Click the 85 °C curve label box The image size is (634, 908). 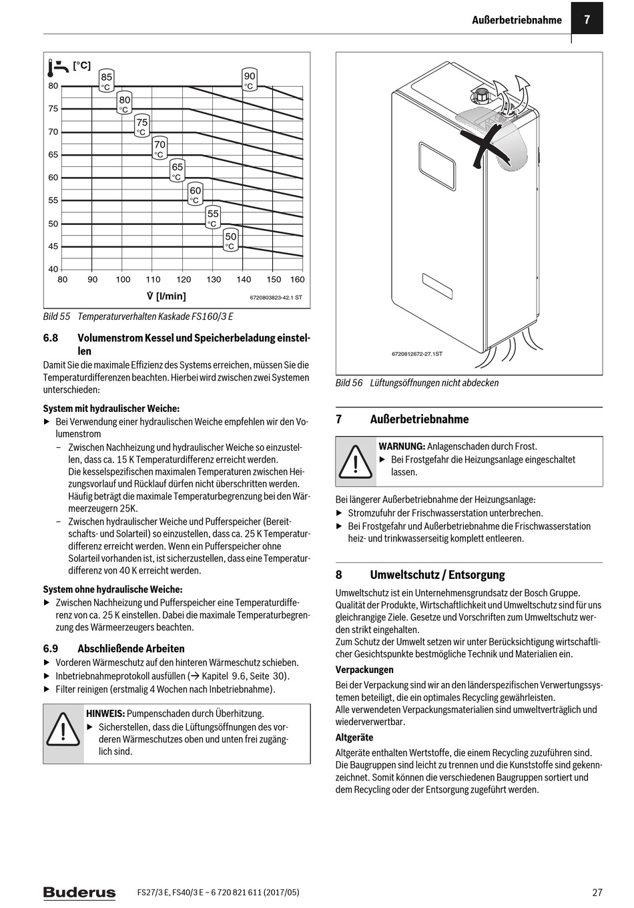coord(107,81)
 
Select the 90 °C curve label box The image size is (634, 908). coord(249,81)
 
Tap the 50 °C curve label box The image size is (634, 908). coord(230,241)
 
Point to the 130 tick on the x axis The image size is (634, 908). coord(214,280)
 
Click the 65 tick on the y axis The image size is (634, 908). coord(53,155)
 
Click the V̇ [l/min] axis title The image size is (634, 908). coord(166,296)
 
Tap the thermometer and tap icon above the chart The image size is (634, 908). coord(59,67)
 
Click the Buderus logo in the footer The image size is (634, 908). coord(79,893)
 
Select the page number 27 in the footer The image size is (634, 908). coord(597,893)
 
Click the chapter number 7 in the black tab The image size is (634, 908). coord(587,19)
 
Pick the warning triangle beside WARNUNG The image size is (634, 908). coord(356,461)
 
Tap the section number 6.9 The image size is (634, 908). coord(51,648)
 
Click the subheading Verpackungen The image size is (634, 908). coord(364,670)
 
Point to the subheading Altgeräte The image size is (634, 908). coord(354,738)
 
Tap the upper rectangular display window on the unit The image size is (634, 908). coord(437,164)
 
